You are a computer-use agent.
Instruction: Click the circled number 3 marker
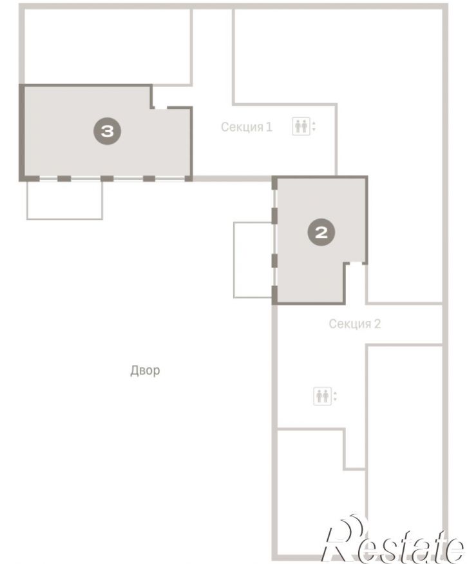click(107, 131)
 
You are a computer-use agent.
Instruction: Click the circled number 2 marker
click(321, 232)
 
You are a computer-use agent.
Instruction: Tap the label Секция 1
click(247, 127)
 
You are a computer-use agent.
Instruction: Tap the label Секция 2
click(354, 324)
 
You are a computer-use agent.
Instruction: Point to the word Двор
click(145, 370)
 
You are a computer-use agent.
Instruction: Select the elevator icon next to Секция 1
click(304, 126)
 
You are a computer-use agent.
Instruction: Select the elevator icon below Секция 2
click(325, 396)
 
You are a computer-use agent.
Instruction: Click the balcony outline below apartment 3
click(64, 219)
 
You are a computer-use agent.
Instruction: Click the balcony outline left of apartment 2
click(234, 260)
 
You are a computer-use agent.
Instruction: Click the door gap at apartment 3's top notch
click(160, 107)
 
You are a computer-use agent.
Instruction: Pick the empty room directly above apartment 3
click(107, 47)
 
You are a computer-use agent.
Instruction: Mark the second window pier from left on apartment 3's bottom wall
click(64, 179)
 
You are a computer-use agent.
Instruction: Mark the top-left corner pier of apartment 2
click(274, 182)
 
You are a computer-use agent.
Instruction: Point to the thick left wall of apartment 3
click(21, 132)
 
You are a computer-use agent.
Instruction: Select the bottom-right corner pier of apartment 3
click(189, 179)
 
